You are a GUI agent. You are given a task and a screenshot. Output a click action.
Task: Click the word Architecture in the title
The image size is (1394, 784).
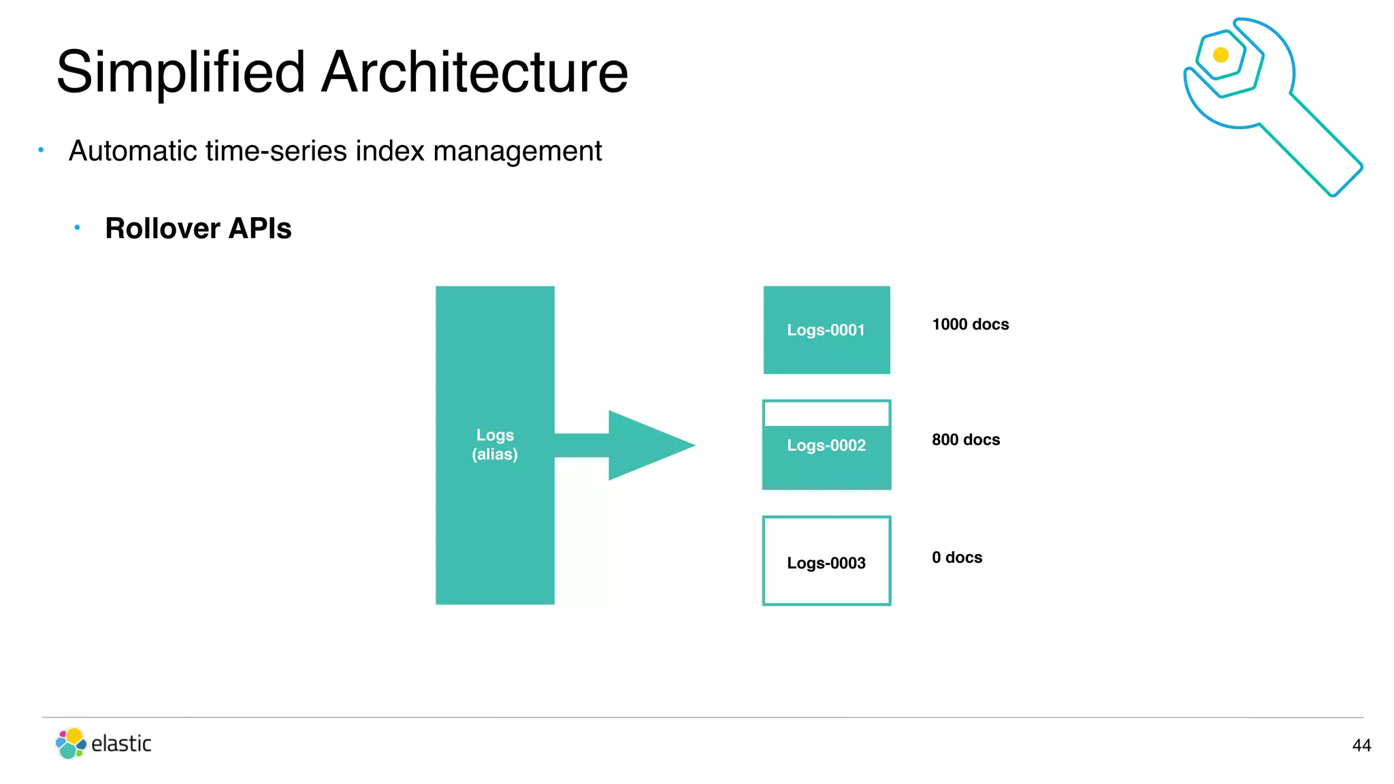point(474,72)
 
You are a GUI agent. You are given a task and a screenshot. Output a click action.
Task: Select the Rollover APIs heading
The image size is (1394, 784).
point(198,229)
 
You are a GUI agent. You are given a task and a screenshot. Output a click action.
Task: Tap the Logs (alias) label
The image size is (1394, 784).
point(495,444)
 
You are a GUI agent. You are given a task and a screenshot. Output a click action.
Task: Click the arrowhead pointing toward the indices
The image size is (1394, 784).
point(650,446)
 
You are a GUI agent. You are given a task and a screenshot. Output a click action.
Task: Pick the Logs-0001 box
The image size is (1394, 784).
point(826,330)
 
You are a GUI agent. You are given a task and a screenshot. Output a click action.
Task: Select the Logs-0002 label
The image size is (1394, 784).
point(826,446)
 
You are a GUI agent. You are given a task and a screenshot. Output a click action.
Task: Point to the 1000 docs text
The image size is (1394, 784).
point(970,325)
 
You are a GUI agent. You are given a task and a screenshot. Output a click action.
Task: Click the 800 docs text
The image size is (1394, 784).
point(965,440)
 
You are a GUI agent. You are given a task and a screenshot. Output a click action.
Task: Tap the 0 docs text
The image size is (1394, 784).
point(956,558)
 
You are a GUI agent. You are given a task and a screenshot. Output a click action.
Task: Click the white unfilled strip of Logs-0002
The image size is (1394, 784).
point(826,414)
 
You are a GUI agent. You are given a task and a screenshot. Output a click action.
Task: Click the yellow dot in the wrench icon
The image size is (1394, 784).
point(1221,55)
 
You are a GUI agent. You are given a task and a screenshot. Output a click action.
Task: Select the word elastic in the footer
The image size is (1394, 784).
point(121,744)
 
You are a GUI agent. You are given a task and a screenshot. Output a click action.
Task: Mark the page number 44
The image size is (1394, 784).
point(1361,746)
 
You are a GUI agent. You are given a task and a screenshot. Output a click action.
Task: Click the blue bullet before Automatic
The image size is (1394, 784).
point(41,150)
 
